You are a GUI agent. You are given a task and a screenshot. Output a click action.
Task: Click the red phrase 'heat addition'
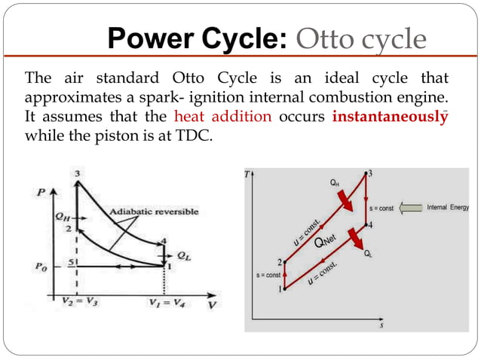point(224,118)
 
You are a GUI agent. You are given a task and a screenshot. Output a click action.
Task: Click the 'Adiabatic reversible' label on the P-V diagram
point(155,212)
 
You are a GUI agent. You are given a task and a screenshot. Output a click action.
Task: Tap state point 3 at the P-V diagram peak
point(77,174)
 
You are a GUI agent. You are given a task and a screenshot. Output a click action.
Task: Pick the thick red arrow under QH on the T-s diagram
point(343,200)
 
